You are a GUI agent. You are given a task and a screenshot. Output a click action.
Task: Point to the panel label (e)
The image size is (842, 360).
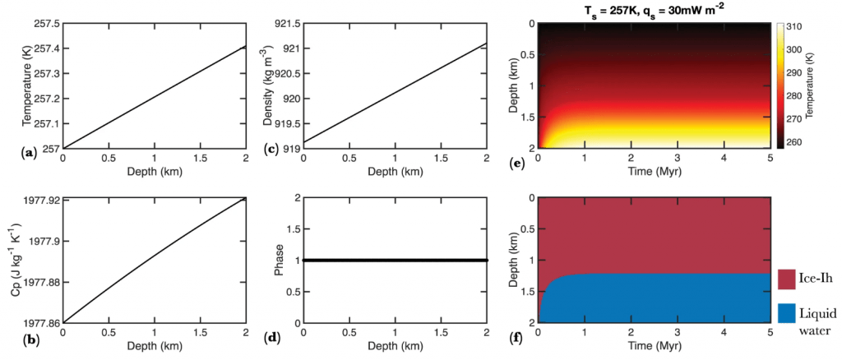518,164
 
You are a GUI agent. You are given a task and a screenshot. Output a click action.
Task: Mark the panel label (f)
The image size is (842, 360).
518,337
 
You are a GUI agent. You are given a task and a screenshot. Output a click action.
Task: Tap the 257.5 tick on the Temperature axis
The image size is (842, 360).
44,24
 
